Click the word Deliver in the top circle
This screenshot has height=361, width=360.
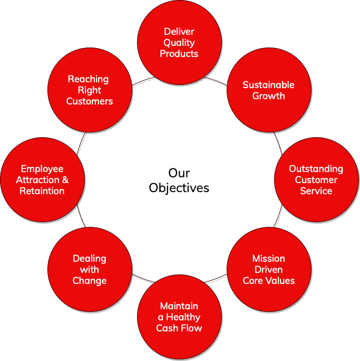tap(179, 32)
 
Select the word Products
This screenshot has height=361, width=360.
tap(179, 54)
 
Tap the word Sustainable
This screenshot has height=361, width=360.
tap(268, 85)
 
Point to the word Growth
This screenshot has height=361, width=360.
tap(268, 96)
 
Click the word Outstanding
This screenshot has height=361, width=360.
tap(316, 169)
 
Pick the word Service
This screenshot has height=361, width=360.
tap(316, 191)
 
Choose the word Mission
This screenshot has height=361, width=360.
tap(268, 259)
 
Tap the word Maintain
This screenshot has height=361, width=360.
tap(179, 306)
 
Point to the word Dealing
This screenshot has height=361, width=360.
tap(90, 259)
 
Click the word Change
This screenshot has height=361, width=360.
tap(90, 281)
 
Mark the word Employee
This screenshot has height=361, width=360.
tap(42, 169)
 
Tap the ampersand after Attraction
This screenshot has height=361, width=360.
tap(65, 180)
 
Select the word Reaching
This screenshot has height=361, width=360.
tap(88, 79)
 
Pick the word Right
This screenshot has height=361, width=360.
tap(90, 90)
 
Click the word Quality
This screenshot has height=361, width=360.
tap(179, 43)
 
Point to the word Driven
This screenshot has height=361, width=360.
tap(268, 270)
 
